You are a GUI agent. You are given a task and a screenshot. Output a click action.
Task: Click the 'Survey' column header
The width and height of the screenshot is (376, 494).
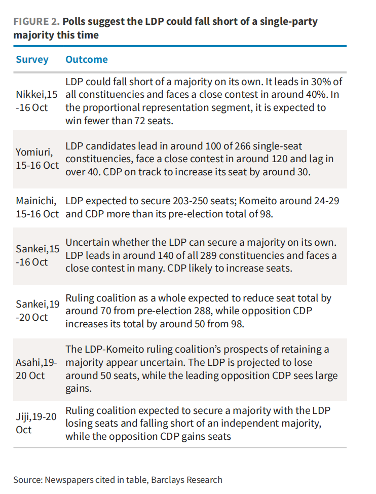click(32, 59)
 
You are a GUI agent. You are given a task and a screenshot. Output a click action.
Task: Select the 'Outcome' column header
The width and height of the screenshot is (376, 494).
click(87, 59)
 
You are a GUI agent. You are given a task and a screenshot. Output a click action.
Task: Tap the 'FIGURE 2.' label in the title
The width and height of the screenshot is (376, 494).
click(35, 22)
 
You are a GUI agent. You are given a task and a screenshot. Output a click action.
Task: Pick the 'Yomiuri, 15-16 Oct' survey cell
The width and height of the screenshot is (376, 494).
click(37, 159)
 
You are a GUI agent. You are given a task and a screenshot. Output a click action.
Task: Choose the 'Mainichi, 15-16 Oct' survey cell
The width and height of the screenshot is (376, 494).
click(37, 207)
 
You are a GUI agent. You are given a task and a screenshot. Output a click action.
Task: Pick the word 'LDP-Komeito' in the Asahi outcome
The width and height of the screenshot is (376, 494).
click(107, 350)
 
